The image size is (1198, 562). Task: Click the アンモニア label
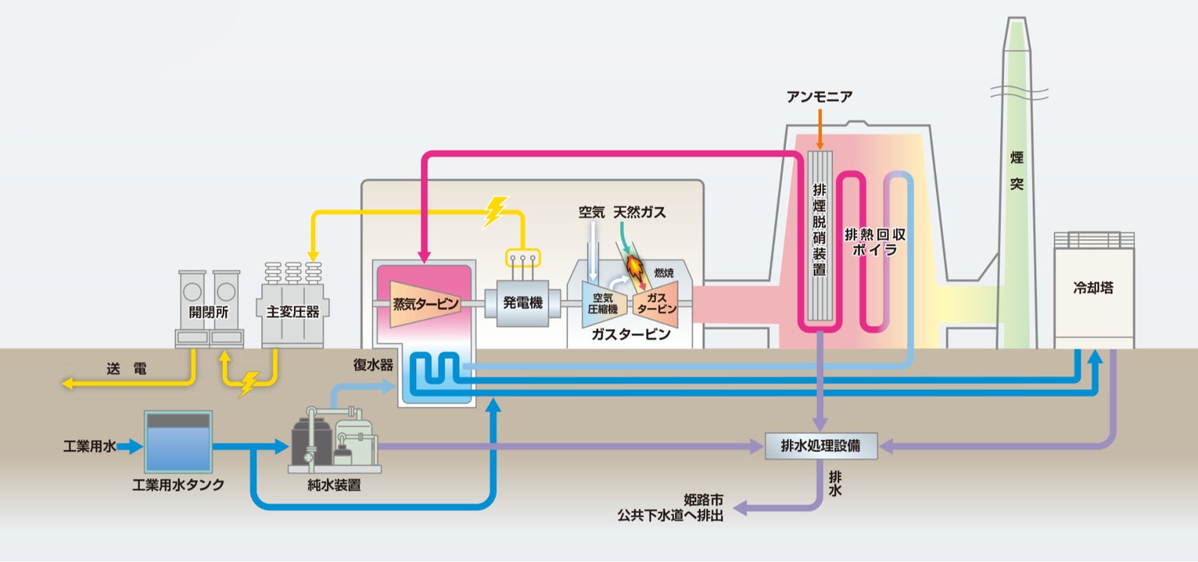(x=819, y=97)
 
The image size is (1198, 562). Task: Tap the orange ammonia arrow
(x=819, y=129)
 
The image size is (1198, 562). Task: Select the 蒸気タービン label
(x=426, y=304)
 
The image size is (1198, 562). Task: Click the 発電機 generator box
(x=522, y=303)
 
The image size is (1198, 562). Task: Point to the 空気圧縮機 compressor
(x=603, y=304)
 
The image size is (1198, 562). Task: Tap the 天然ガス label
(x=640, y=212)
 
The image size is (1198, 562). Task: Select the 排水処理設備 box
(x=821, y=446)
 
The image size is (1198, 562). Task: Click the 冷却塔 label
(x=1093, y=288)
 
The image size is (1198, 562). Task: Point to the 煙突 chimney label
(x=1017, y=171)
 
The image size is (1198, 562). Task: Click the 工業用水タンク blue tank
(x=178, y=442)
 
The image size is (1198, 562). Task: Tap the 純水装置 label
(x=335, y=485)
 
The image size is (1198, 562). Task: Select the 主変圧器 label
(x=292, y=312)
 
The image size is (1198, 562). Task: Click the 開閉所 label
(x=208, y=312)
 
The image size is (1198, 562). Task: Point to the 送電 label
(x=126, y=369)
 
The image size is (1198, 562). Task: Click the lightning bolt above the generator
(x=495, y=211)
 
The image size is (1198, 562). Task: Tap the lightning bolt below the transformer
(x=248, y=383)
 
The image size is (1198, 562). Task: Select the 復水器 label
(x=373, y=365)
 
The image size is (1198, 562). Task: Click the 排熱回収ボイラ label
(x=875, y=242)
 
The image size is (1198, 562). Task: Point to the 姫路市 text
(x=704, y=500)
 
